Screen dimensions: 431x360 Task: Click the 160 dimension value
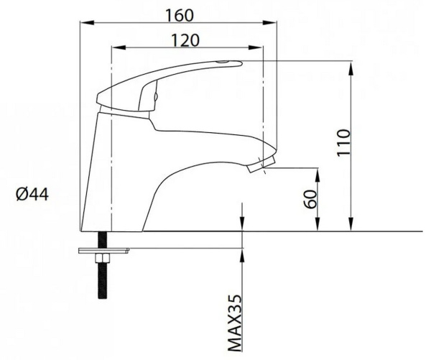(180, 15)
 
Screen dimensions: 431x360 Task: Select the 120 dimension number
(185, 40)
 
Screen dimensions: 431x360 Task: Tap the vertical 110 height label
(344, 142)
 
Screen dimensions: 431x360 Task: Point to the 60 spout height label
(310, 199)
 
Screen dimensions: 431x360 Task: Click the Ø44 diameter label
(32, 195)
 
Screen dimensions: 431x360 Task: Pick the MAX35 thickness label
(235, 323)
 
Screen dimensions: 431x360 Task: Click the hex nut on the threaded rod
(102, 258)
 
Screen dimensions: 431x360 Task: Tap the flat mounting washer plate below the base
(103, 251)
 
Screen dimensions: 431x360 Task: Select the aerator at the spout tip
(261, 164)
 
